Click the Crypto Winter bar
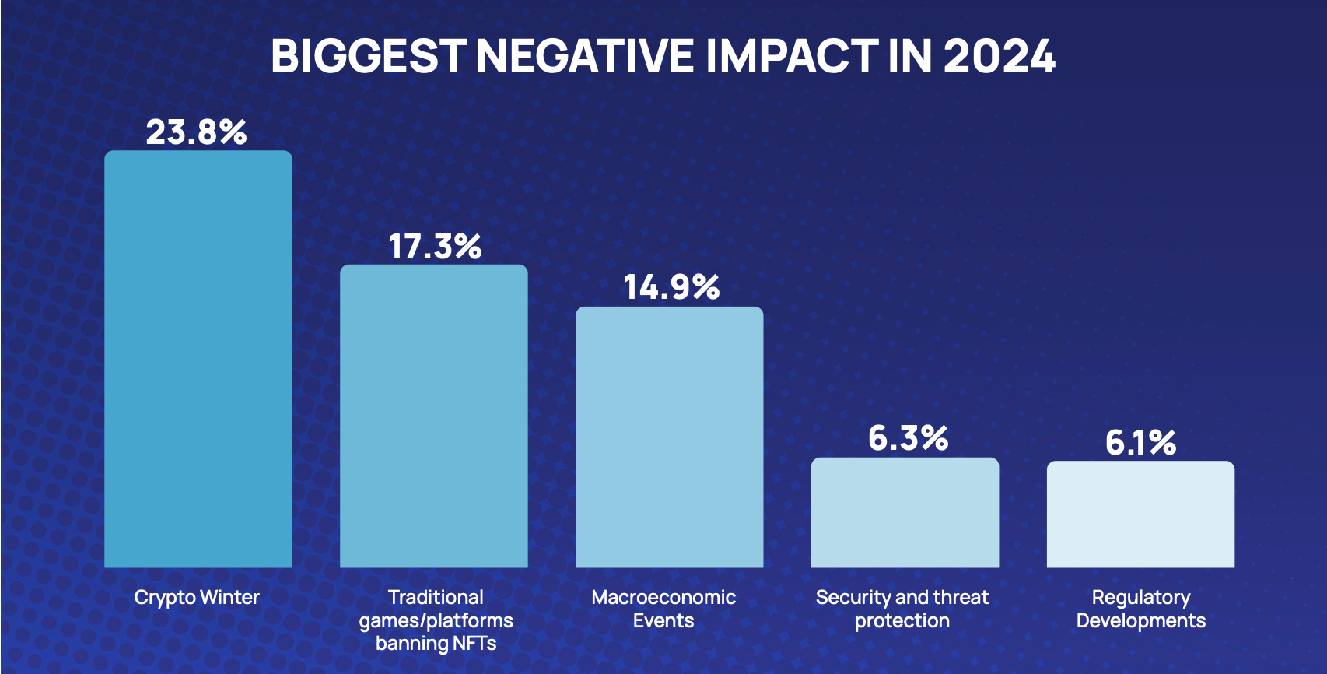(198, 359)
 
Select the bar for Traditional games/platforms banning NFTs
(434, 416)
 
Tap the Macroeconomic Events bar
(669, 437)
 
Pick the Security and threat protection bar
(905, 512)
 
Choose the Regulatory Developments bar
(1140, 514)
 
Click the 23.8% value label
(196, 132)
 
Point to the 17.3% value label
(435, 247)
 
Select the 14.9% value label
(671, 287)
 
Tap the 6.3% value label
(908, 438)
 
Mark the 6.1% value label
(1140, 443)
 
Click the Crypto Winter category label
(197, 598)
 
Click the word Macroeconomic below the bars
(663, 597)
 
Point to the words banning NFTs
(436, 644)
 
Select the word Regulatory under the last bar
(1140, 598)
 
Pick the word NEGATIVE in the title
(585, 56)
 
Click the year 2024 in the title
(1000, 56)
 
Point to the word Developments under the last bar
(1140, 621)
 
